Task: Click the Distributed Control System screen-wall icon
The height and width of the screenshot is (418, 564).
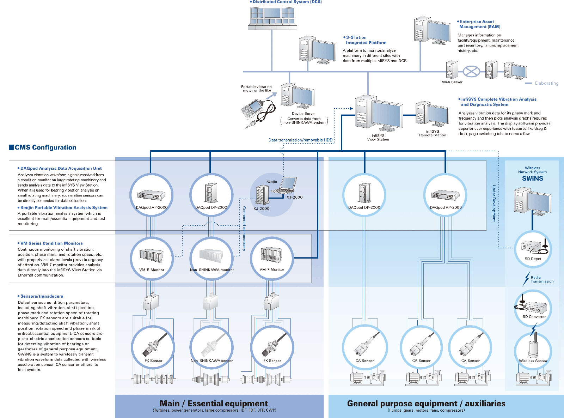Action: [272, 18]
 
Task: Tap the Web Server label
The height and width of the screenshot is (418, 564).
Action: [452, 82]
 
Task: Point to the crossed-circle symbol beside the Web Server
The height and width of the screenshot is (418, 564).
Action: [471, 72]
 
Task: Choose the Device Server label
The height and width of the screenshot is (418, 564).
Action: [304, 114]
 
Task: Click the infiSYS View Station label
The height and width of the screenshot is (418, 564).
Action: [378, 138]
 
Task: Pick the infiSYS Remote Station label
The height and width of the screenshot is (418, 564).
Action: [432, 133]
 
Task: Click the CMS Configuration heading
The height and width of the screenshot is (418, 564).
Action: [45, 147]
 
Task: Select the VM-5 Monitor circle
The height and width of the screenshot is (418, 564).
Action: [152, 258]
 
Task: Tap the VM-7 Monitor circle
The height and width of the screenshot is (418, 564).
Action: [271, 258]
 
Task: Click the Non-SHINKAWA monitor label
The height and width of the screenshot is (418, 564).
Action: [212, 270]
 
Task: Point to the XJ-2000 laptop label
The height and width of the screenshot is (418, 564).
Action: [294, 197]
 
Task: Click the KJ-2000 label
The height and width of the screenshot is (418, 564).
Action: [261, 208]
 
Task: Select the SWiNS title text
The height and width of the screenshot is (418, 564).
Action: [532, 178]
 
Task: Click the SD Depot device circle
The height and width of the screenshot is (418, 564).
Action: [533, 248]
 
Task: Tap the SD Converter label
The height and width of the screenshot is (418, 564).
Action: [534, 317]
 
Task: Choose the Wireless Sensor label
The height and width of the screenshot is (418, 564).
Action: [533, 361]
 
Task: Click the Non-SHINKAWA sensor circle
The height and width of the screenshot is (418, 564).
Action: [211, 347]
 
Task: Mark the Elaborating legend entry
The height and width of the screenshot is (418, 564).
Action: [546, 83]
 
